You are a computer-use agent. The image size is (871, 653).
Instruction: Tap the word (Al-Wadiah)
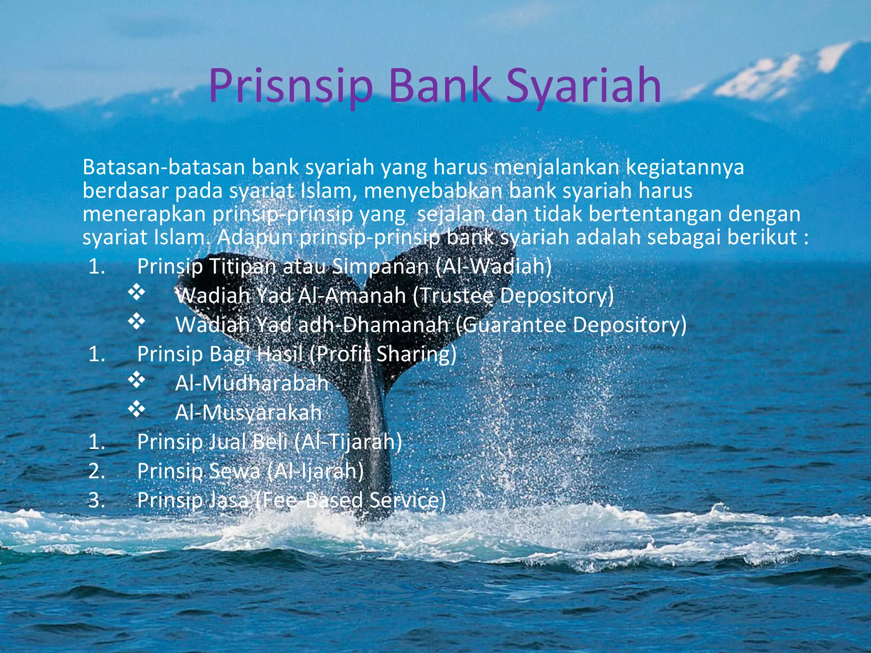coord(493,267)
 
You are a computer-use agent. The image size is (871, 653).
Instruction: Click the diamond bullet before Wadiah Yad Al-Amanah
coord(137,293)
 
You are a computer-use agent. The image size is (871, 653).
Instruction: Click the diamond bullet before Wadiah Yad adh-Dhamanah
coord(137,322)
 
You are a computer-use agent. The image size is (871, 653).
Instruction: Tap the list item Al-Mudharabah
coord(252,383)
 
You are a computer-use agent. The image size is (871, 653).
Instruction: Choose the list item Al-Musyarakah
coord(248,412)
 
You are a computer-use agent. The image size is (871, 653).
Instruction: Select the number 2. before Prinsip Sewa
coord(97,471)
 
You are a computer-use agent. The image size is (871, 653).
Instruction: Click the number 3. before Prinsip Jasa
coord(97,500)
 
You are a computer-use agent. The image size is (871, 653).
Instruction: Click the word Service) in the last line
coord(407,500)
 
